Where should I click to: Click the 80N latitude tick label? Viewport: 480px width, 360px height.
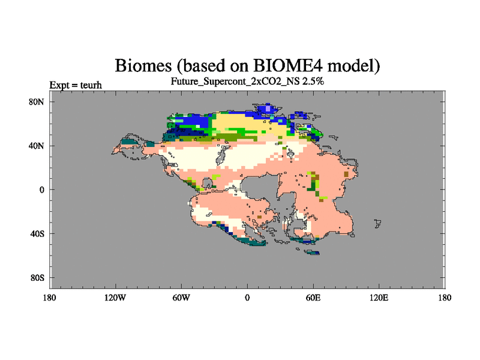coord(37,102)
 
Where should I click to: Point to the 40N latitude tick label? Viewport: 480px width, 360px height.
coord(37,146)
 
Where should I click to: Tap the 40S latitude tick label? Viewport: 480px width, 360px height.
coord(37,234)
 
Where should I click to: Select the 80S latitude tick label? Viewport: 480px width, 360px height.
coord(37,278)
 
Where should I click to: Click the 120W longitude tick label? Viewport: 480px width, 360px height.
coord(115,298)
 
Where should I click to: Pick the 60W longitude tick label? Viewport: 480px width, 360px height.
coord(181,298)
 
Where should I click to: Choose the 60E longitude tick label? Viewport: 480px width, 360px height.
coord(313,298)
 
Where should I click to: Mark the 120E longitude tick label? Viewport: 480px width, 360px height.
coord(379,298)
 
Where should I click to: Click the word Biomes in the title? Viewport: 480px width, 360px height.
coord(143,65)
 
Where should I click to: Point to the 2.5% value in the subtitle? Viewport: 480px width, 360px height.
coord(313,82)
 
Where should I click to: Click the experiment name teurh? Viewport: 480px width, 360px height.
coord(91,85)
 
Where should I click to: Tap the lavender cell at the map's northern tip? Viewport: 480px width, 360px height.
coord(268,109)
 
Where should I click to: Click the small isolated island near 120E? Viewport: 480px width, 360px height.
coord(378,223)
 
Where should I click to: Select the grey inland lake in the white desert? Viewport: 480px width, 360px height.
coord(221,155)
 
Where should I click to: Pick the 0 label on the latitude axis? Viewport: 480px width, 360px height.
coord(42,190)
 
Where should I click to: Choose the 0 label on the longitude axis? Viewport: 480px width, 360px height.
coord(247,298)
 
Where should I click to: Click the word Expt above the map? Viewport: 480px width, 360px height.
coord(59,85)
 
